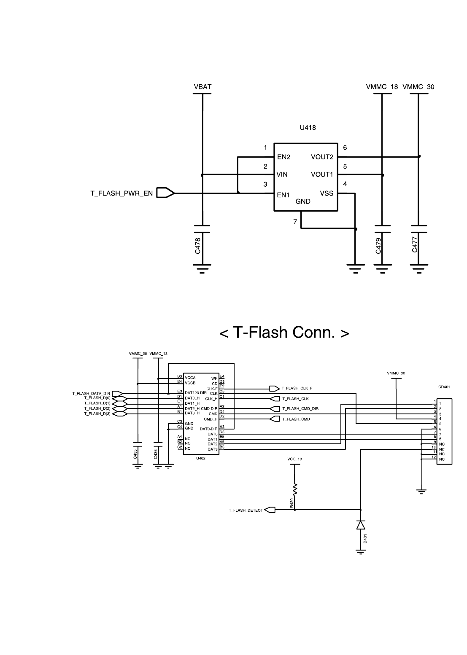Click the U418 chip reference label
308,127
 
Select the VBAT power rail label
202,87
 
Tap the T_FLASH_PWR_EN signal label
121,193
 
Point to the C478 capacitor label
197,245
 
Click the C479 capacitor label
378,245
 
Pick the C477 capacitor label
415,245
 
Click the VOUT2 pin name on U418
322,157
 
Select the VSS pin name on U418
327,193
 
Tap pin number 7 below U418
295,221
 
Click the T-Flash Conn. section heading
284,333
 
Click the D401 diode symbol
361,525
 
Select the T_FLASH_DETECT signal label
246,510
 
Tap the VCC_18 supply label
294,459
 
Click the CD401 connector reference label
444,386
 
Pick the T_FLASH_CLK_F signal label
297,388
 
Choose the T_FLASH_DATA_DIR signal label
91,393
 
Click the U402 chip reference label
201,458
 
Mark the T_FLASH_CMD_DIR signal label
300,408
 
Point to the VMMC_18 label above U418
382,87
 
